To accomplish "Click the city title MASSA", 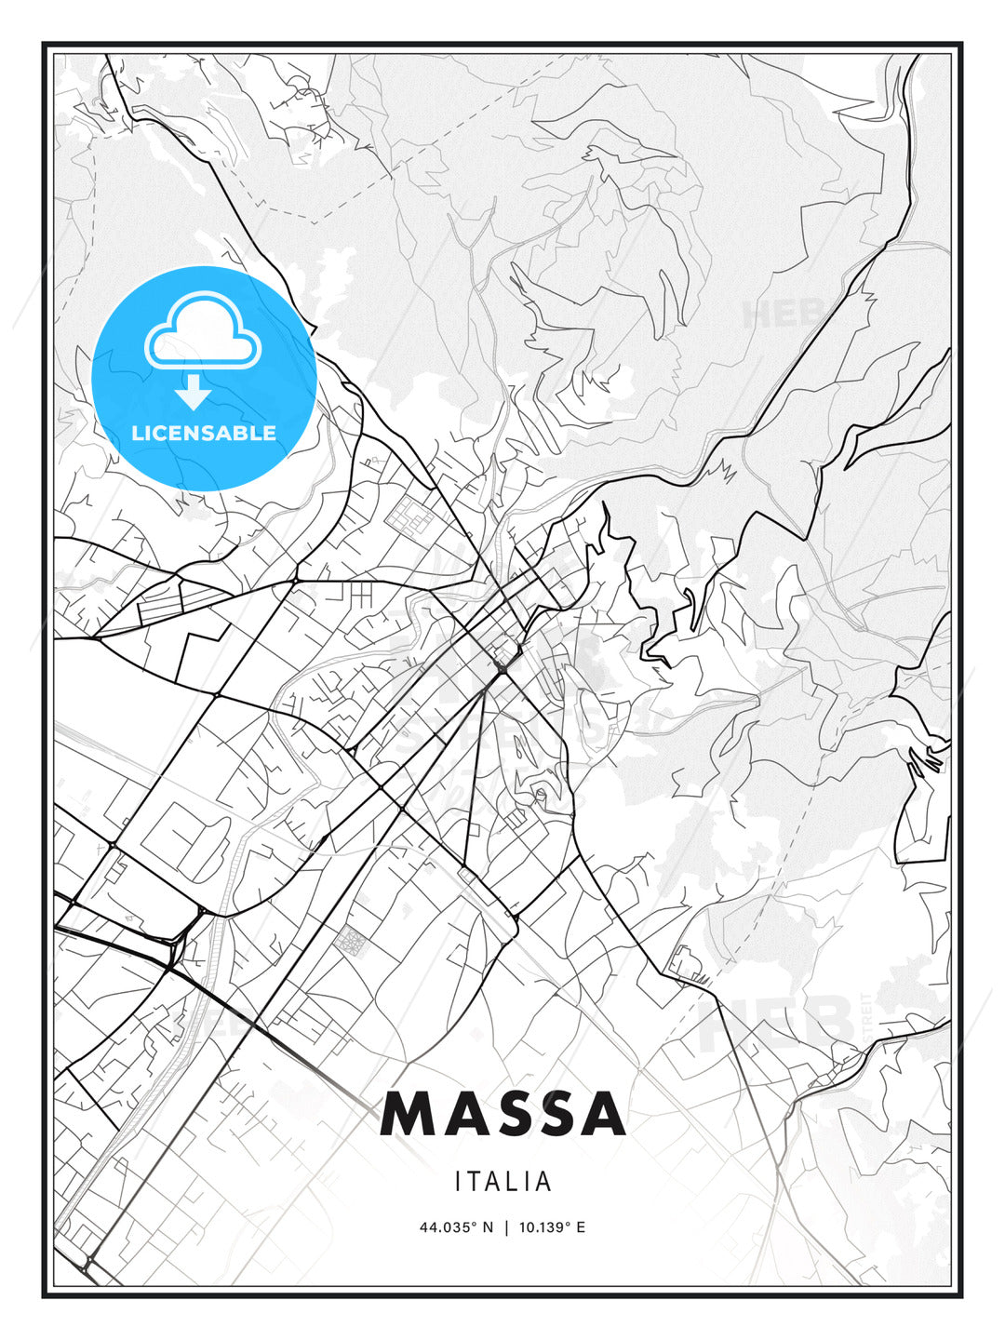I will pos(502,1114).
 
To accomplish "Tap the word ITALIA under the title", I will pos(502,1182).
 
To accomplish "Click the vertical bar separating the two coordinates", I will pos(506,1227).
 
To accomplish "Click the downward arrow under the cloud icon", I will pos(193,393).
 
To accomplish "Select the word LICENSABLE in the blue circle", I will pos(204,433).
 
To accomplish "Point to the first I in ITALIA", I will pos(459,1182).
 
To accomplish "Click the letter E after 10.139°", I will pos(581,1227).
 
